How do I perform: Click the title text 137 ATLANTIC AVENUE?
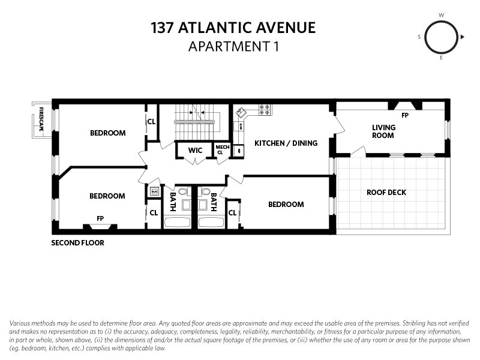coord(233,28)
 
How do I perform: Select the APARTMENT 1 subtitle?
coord(233,46)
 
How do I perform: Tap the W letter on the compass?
coord(442,14)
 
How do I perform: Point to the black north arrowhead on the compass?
coord(463,37)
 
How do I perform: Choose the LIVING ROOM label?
coord(383,131)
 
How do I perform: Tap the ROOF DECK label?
coord(386,193)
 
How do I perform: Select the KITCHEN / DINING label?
coord(286,143)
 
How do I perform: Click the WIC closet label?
coord(195,150)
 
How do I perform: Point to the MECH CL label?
coord(222,150)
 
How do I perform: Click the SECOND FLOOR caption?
coord(77,243)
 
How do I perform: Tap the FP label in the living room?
coord(405,115)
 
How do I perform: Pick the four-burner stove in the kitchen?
coord(265,110)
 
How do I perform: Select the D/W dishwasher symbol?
coord(240,127)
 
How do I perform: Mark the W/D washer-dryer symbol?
coord(154,191)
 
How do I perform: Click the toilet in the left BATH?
coord(184,192)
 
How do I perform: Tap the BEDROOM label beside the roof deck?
coord(286,205)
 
